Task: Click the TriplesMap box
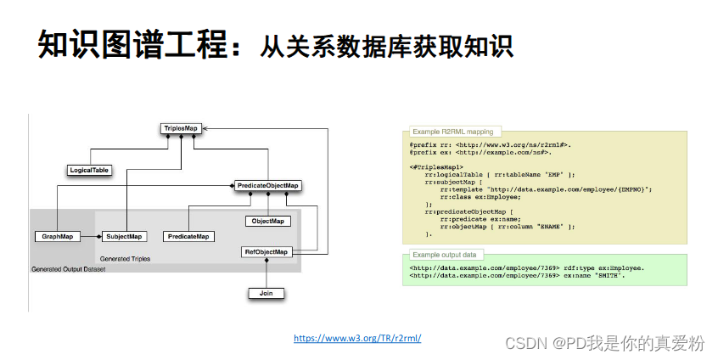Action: pyautogui.click(x=180, y=128)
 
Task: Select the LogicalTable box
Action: pyautogui.click(x=89, y=170)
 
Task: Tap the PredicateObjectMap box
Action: pyautogui.click(x=268, y=185)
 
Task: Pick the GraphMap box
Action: pyautogui.click(x=57, y=236)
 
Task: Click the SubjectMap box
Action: pyautogui.click(x=124, y=236)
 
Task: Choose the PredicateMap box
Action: pyautogui.click(x=189, y=236)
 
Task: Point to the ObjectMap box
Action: pyautogui.click(x=268, y=221)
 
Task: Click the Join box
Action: pyautogui.click(x=266, y=293)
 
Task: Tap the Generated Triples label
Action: pyautogui.click(x=125, y=258)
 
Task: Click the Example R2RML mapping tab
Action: pyautogui.click(x=451, y=132)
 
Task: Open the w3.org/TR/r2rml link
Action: pyautogui.click(x=357, y=338)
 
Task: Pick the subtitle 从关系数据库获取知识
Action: pyautogui.click(x=387, y=46)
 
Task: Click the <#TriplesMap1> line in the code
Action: pyautogui.click(x=435, y=166)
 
